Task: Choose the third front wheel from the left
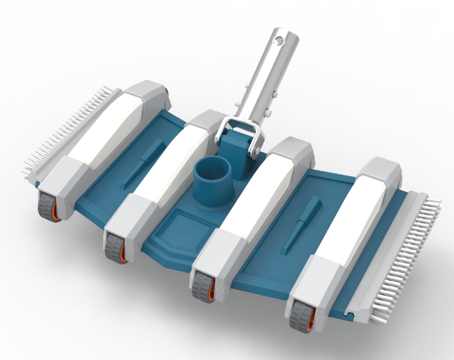pos(203,285)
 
